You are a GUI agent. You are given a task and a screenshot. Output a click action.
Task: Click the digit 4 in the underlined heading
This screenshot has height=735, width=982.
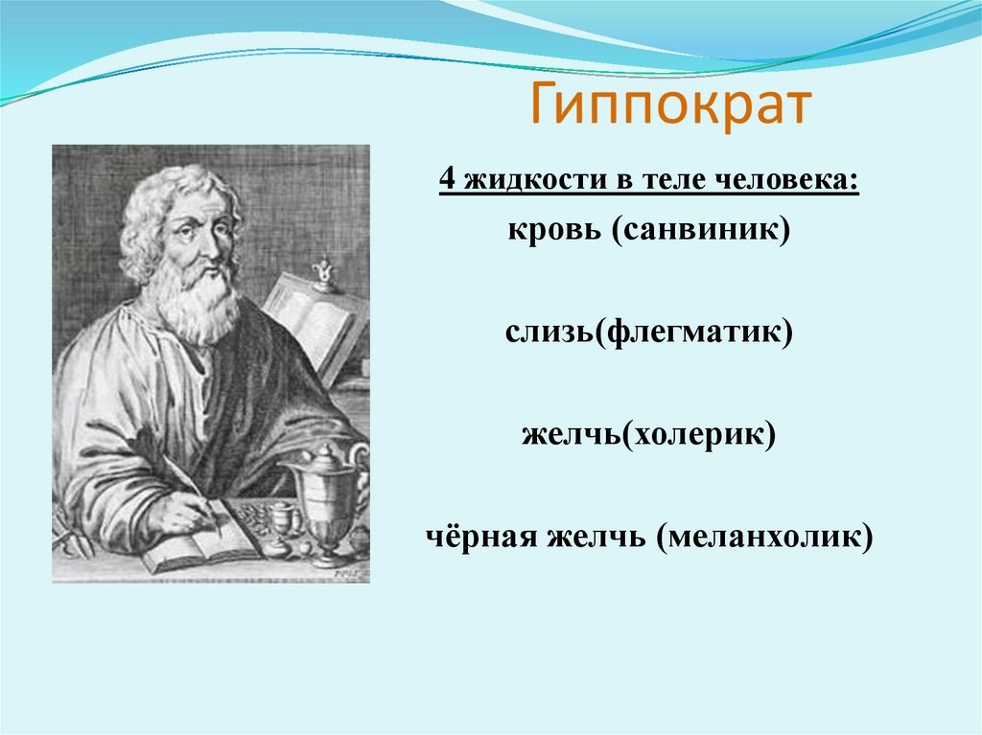pyautogui.click(x=447, y=180)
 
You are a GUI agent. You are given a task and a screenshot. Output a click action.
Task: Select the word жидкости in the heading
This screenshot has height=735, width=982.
pyautogui.click(x=535, y=180)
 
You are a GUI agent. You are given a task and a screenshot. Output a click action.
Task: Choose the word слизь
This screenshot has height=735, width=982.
pyautogui.click(x=549, y=332)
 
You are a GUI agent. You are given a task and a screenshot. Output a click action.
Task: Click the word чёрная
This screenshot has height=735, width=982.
pyautogui.click(x=481, y=537)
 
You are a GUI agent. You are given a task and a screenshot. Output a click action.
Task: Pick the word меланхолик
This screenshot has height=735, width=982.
pyautogui.click(x=764, y=537)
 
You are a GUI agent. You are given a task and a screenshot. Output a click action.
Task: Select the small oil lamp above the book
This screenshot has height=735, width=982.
pyautogui.click(x=324, y=274)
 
